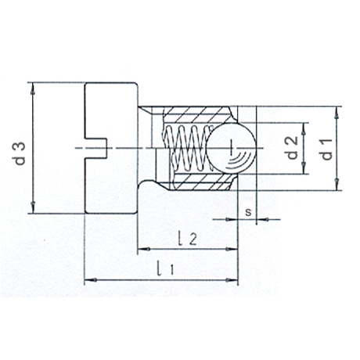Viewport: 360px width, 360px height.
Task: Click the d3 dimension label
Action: pos(20,153)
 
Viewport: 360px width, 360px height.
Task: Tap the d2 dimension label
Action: pos(292,148)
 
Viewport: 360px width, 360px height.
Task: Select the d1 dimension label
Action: pos(327,149)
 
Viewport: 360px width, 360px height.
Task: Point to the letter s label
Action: pos(248,212)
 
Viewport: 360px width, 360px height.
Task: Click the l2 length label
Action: pos(187,238)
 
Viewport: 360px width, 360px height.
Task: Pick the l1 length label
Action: pos(165,268)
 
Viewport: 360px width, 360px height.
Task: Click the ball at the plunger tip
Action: pos(231,148)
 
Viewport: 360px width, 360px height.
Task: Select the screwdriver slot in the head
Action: pos(95,148)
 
